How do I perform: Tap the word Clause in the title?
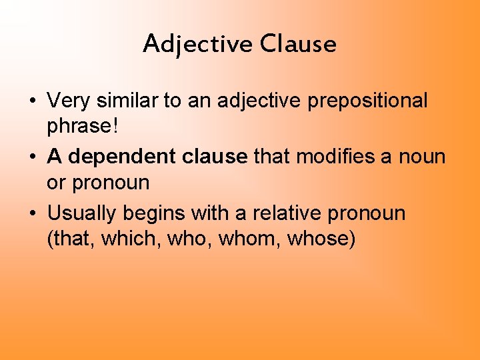point(299,44)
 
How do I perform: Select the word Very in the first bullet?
point(67,101)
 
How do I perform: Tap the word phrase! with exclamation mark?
point(79,126)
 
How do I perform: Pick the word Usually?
point(83,213)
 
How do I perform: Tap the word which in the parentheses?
point(125,239)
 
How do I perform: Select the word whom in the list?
point(247,239)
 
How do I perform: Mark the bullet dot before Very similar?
point(31,102)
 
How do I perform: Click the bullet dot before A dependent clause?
point(31,158)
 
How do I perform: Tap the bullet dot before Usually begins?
point(31,215)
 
